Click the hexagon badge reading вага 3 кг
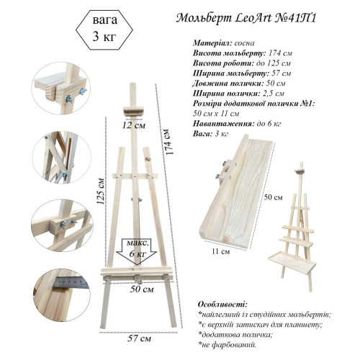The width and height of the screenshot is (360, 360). pos(104,30)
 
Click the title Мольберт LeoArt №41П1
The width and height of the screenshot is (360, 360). pos(246,18)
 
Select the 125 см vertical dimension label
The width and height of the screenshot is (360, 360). pos(101,191)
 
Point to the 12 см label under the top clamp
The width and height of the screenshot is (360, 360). pos(134,125)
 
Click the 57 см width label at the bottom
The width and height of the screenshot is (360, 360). pos(139,338)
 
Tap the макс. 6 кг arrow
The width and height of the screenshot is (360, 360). pos(136,251)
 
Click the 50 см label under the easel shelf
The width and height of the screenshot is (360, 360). pos(142,289)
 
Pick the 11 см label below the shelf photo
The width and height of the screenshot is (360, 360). pos(221,251)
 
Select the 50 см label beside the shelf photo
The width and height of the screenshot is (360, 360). pos(274,197)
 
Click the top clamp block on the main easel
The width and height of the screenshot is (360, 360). pos(134,112)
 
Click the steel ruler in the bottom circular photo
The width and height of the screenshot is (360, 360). pos(71,282)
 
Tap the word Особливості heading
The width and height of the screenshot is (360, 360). pos(222,305)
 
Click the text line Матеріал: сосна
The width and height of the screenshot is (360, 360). pos(223,43)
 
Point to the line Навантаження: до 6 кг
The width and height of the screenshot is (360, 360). pos(237,124)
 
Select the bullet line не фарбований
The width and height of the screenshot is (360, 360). pos(228,345)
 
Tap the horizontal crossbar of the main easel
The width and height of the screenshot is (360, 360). pos(135,176)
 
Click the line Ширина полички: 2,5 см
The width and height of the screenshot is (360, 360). pos(238,94)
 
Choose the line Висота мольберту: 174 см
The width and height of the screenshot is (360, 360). pos(243,53)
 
